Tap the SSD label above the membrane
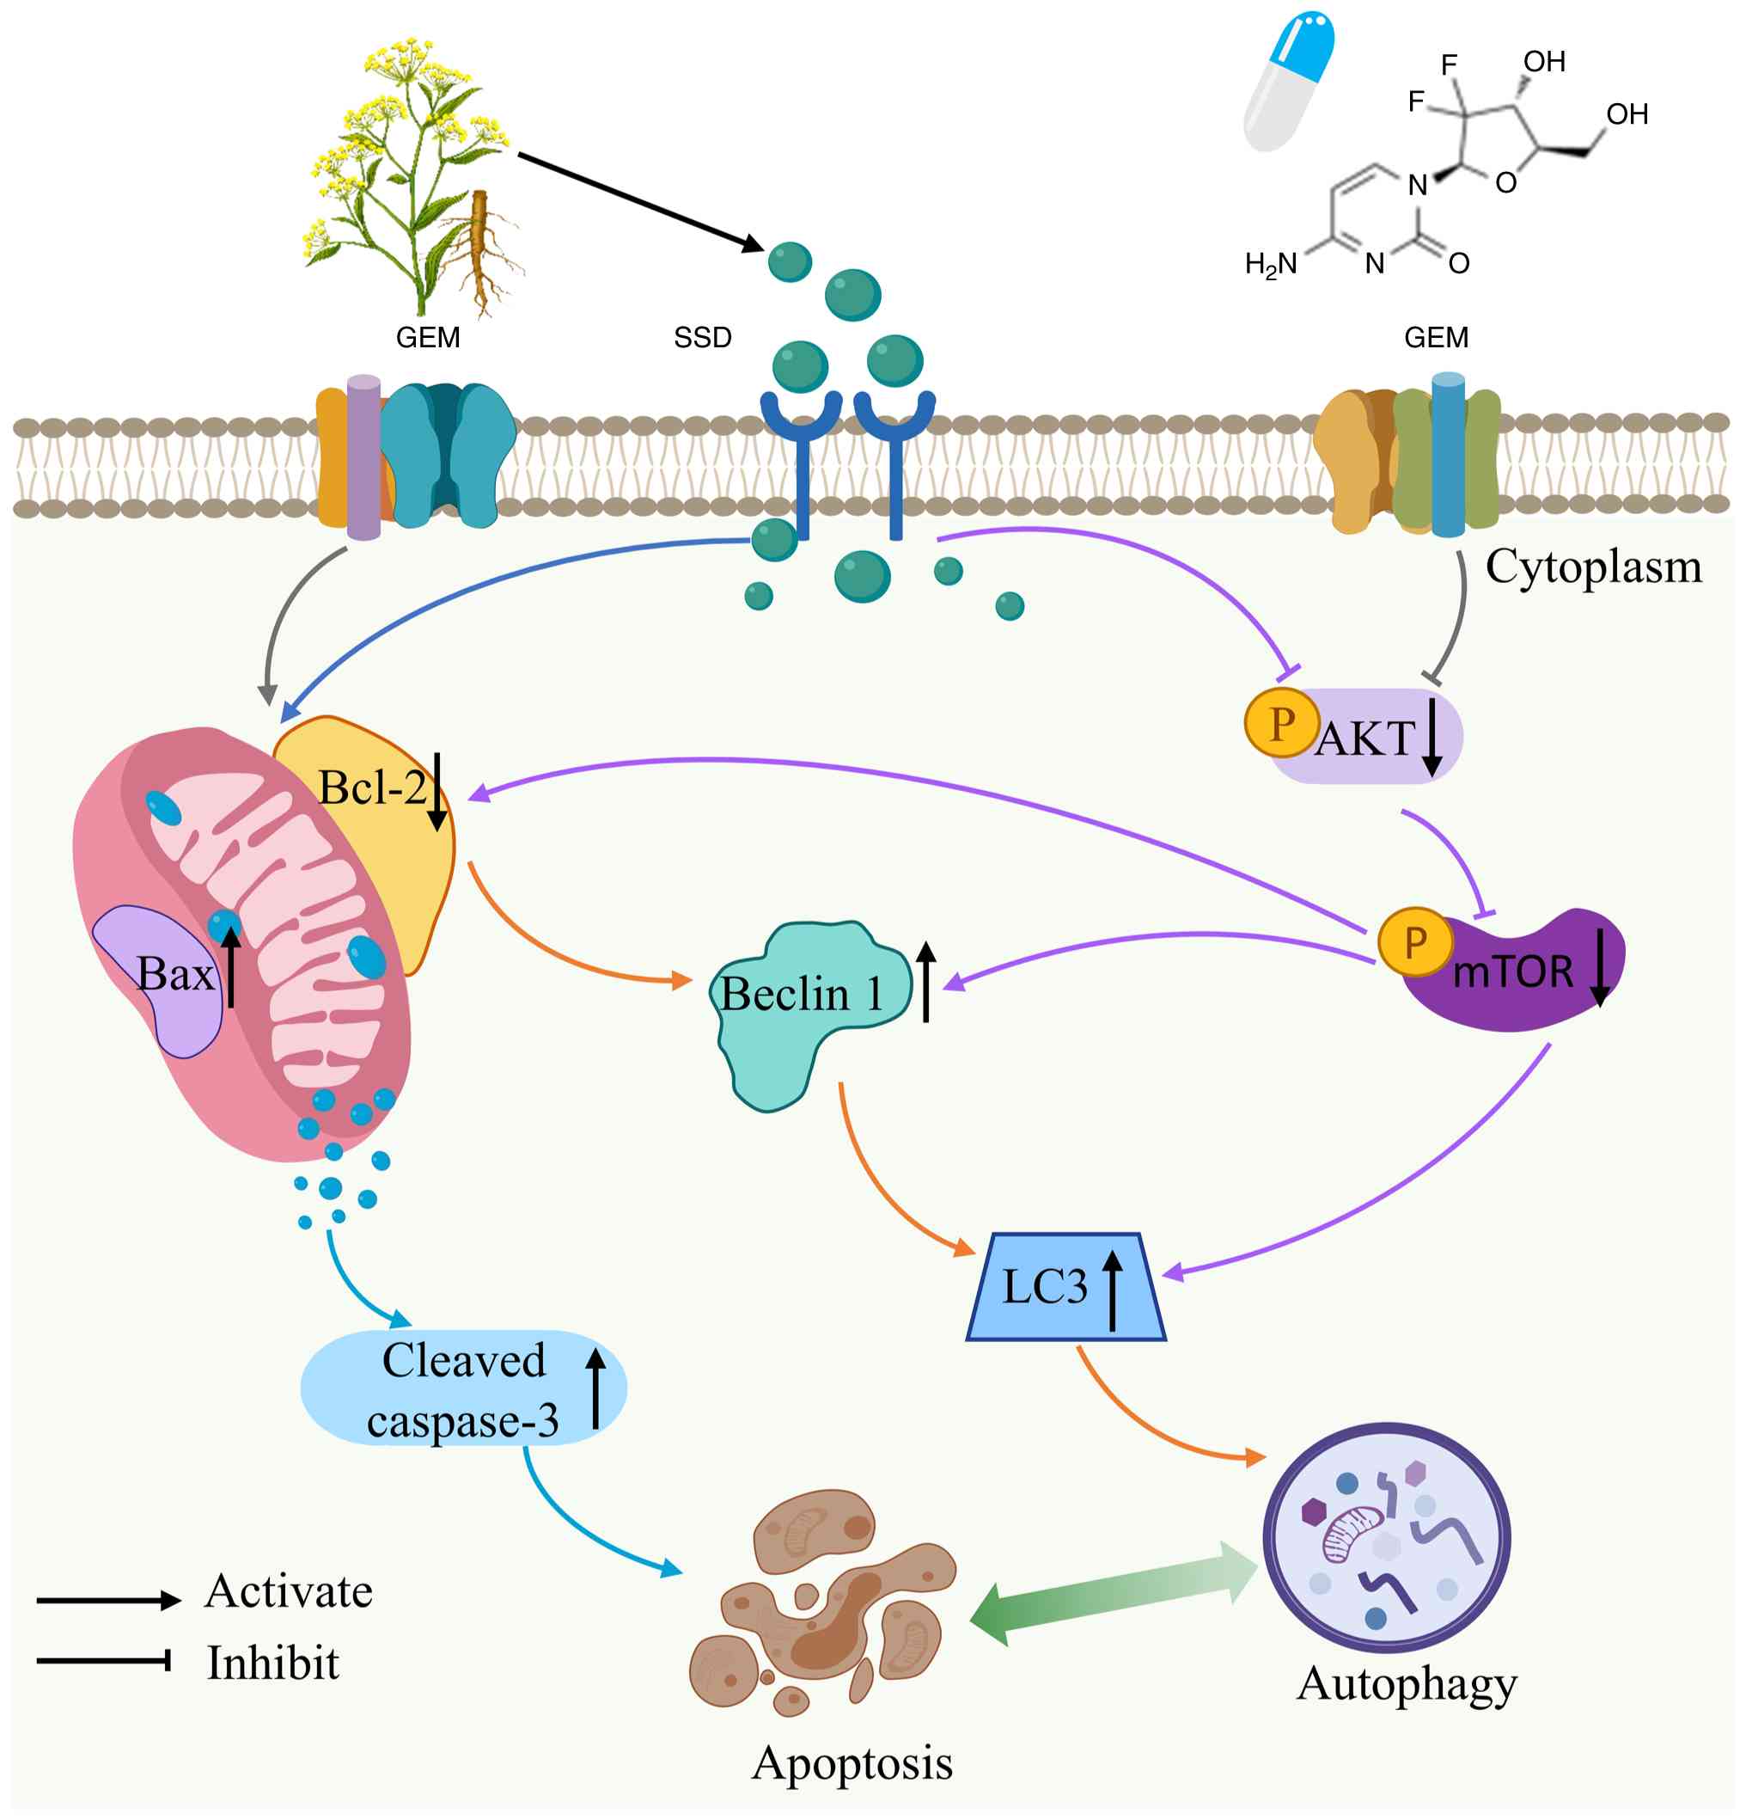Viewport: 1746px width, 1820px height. [x=703, y=338]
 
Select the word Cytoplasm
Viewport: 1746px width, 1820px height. [x=1593, y=567]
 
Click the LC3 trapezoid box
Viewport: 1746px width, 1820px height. [x=1065, y=1288]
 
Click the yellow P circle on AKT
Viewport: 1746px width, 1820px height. [x=1281, y=723]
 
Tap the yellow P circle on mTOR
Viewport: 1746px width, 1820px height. [x=1414, y=942]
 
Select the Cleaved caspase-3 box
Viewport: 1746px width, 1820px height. [x=463, y=1390]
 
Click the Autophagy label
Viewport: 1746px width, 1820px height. [x=1407, y=1684]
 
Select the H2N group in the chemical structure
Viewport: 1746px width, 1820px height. [x=1270, y=266]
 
